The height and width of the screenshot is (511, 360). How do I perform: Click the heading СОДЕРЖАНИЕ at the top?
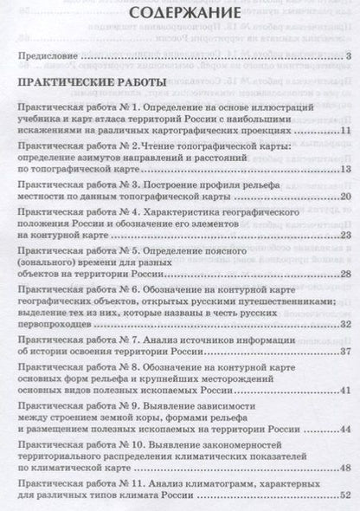[179, 15]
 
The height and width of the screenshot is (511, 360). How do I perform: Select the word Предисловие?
[48, 58]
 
